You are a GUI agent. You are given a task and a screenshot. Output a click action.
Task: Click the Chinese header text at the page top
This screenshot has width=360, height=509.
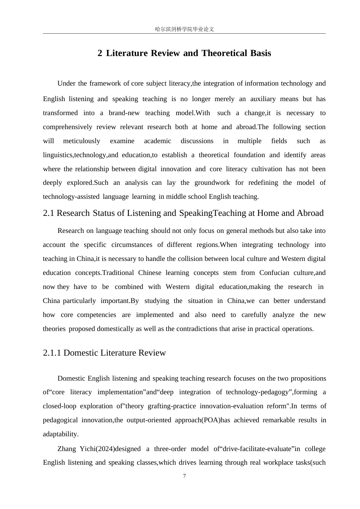tap(185, 29)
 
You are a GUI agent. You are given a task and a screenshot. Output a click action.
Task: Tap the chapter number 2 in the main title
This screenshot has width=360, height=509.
tap(100, 53)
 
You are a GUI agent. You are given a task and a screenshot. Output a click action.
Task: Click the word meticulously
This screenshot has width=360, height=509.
tap(81, 141)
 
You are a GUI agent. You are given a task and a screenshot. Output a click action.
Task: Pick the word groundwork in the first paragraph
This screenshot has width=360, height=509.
tap(212, 183)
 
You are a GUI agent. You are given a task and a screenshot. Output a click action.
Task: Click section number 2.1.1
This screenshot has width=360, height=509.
tap(52, 353)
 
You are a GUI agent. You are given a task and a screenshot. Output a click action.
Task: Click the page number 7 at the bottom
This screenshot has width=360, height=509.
tap(185, 476)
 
